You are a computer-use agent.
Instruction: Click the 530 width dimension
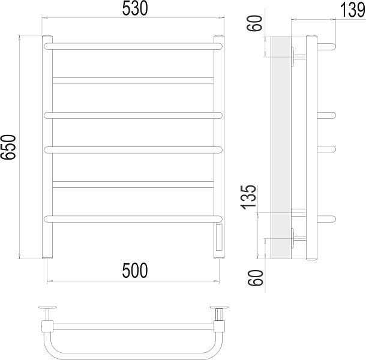click(x=135, y=8)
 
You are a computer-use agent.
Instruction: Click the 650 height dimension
click(x=8, y=147)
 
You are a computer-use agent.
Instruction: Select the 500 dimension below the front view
click(x=135, y=271)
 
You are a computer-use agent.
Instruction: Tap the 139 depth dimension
click(x=352, y=10)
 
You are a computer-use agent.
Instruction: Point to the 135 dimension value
click(x=248, y=197)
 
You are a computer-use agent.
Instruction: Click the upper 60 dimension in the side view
click(x=254, y=23)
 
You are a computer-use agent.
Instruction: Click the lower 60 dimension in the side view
click(x=255, y=278)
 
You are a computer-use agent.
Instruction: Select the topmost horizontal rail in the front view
click(x=133, y=46)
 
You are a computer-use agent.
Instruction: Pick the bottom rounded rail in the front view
click(x=133, y=219)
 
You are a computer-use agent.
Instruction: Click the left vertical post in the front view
click(x=47, y=147)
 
